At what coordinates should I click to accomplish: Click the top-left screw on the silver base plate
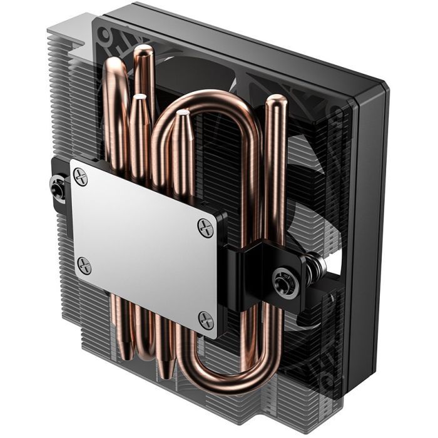coord(81,177)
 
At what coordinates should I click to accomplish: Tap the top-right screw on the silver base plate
coord(205,226)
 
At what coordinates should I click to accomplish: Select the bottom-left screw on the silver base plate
coord(84,265)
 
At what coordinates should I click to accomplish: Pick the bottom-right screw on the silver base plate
coord(205,320)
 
